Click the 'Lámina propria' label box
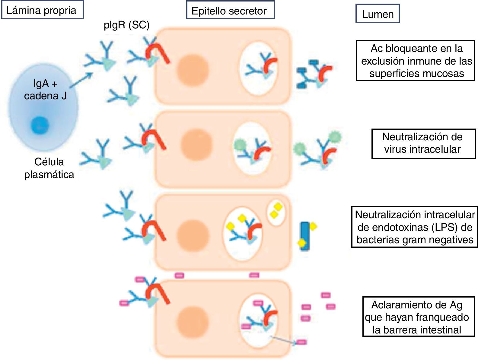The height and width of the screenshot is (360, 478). click(42, 11)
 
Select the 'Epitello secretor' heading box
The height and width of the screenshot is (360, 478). click(230, 11)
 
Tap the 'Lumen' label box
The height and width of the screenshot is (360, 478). click(378, 14)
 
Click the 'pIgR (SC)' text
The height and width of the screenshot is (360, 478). click(126, 25)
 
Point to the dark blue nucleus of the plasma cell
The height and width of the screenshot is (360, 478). click(40, 125)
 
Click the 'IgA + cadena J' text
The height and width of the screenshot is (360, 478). click(45, 90)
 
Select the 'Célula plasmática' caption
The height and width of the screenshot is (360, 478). click(49, 168)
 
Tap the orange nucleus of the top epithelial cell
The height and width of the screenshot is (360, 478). click(193, 69)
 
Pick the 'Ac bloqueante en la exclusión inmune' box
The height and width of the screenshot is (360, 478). click(416, 60)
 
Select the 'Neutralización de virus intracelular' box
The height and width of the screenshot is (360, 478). click(423, 144)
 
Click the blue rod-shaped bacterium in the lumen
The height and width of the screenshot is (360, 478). click(305, 236)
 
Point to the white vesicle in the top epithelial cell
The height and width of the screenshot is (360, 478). click(259, 69)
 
